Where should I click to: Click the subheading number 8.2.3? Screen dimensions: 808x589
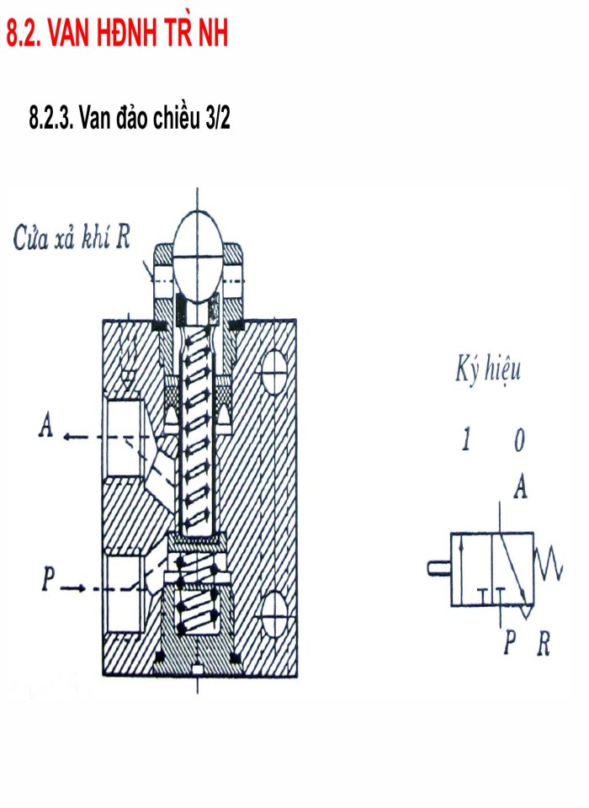point(52,119)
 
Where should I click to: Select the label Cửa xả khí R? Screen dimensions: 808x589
point(71,238)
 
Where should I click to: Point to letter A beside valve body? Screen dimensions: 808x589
point(45,428)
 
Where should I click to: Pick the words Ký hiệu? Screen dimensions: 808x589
point(487,371)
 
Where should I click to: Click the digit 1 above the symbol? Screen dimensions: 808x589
point(465,439)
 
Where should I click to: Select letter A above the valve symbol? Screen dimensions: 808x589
point(521,486)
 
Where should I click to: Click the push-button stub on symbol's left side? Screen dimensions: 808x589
point(438,568)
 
